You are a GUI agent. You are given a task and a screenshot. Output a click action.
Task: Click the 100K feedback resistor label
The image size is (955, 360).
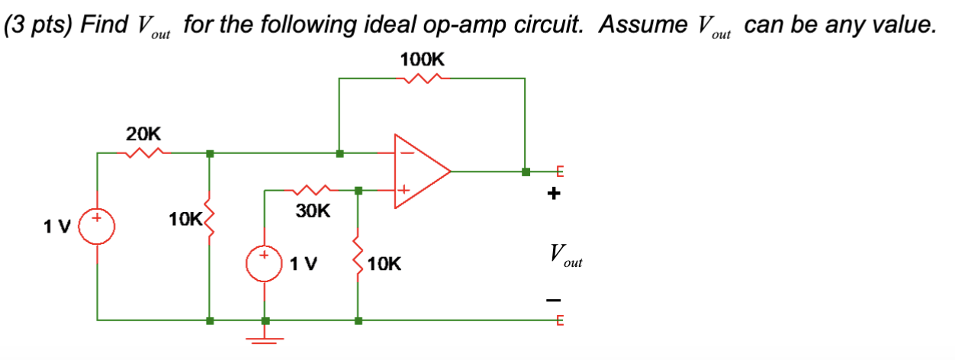pos(422,59)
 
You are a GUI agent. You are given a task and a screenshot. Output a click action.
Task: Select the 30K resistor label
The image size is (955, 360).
pos(313,211)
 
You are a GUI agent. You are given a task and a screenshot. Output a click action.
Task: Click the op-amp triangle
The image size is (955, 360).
pos(420,171)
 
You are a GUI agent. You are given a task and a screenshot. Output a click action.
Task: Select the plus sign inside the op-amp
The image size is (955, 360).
pos(404,188)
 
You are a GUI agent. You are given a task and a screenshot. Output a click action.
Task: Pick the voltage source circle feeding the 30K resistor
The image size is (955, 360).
pos(265,264)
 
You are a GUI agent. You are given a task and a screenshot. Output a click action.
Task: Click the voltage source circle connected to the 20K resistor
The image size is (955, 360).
pos(97,227)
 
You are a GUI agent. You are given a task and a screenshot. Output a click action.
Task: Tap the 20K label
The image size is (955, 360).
pos(143,134)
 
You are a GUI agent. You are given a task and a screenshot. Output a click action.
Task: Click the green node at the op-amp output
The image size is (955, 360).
pos(525,171)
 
